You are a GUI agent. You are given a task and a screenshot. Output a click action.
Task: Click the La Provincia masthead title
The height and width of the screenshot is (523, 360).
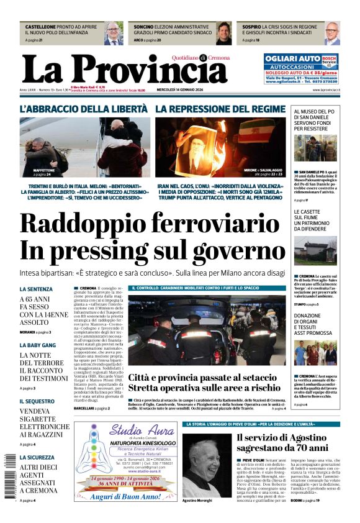124,70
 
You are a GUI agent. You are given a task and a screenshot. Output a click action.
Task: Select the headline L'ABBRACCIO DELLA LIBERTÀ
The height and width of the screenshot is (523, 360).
84,109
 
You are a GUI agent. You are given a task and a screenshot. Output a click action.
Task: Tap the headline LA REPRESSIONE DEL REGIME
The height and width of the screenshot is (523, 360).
220,109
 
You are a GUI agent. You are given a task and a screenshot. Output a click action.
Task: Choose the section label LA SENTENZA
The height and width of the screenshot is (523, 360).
36,289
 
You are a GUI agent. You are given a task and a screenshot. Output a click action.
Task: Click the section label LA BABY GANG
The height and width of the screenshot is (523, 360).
37,345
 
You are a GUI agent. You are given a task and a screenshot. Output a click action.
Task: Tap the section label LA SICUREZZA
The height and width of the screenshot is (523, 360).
37,458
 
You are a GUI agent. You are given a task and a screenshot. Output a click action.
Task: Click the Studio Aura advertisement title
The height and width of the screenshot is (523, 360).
126,431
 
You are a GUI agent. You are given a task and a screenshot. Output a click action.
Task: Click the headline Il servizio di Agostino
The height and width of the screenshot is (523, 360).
282,442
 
